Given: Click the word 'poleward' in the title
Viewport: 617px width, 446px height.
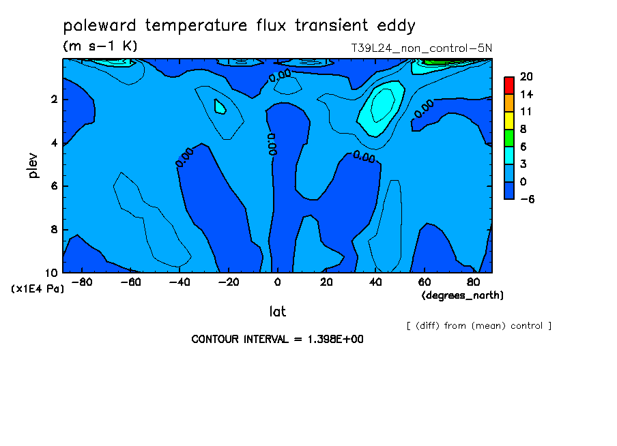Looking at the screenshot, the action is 100,26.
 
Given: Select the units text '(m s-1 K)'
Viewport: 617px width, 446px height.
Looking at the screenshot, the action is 100,46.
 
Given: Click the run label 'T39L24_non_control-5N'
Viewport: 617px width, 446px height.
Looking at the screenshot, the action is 421,48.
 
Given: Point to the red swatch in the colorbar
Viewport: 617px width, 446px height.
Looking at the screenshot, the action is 509,86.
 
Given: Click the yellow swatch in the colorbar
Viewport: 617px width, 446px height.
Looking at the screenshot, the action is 509,121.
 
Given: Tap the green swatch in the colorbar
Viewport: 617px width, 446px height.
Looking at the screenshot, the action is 509,138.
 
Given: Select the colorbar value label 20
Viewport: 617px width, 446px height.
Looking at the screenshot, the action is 526,76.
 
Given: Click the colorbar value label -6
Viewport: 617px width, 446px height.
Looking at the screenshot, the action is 528,199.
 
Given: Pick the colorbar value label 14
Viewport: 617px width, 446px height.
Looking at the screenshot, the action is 526,94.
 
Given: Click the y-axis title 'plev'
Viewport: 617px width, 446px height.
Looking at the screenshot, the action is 33,166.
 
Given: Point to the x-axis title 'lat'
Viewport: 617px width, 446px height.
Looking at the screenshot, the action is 277,312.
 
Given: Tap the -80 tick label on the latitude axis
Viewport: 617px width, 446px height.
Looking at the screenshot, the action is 82,282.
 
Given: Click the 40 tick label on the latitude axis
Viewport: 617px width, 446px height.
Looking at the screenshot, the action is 375,282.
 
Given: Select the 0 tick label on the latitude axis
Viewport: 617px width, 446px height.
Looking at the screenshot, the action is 277,282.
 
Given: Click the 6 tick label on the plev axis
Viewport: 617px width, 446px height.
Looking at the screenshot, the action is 54,185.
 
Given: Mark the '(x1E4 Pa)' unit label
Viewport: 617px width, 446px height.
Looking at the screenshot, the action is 38,289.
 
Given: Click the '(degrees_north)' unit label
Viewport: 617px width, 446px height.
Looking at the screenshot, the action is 462,295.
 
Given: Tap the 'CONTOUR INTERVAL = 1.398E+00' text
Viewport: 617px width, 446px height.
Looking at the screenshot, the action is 277,339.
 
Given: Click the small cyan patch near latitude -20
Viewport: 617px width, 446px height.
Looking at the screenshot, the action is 220,106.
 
